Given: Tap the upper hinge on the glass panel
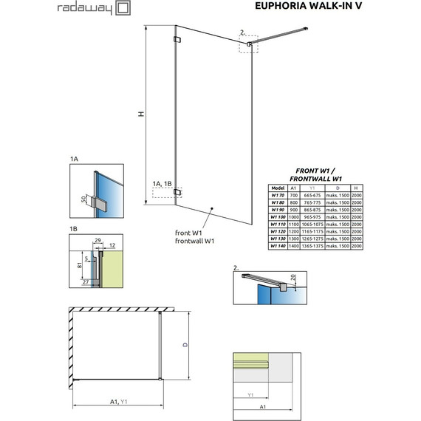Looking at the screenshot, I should tap(177, 40).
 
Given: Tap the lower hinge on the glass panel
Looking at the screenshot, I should tap(177, 194).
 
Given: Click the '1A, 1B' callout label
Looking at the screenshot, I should tap(163, 183).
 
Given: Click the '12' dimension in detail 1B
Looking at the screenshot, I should tap(112, 245).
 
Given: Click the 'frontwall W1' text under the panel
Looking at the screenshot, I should tap(191, 242).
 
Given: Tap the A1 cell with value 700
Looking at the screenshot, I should tap(294, 195).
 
